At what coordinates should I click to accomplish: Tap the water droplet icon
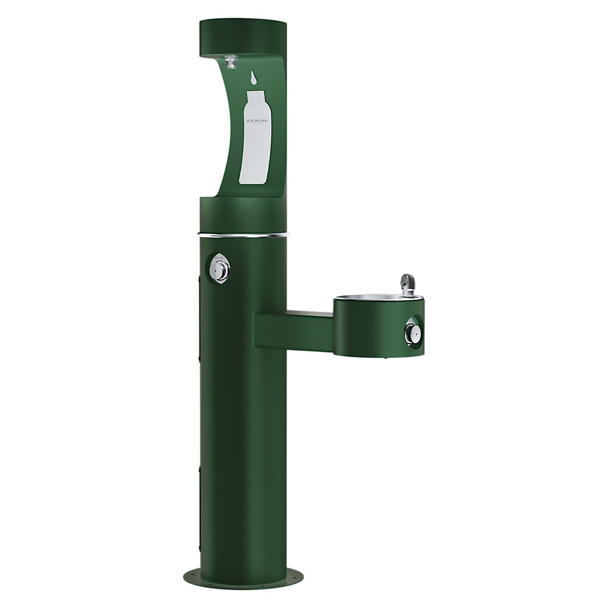pos(253,78)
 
